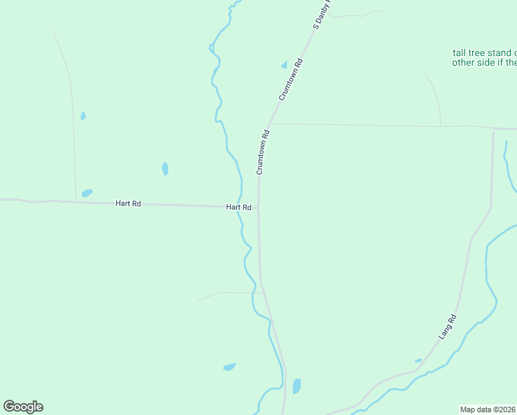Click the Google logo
(23, 407)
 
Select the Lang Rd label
(449, 326)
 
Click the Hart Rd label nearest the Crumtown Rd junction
(238, 207)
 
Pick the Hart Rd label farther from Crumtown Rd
(129, 203)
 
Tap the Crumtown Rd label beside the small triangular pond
(291, 80)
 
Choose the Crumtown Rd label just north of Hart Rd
(262, 151)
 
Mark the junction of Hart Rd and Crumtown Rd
(258, 207)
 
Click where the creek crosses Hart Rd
(240, 206)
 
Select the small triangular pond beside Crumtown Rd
(283, 65)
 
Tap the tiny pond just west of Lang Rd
(418, 360)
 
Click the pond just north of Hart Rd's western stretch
(87, 193)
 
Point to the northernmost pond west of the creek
(83, 116)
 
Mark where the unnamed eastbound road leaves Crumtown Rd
(270, 124)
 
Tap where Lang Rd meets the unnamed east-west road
(493, 129)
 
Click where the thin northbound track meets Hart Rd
(75, 202)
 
